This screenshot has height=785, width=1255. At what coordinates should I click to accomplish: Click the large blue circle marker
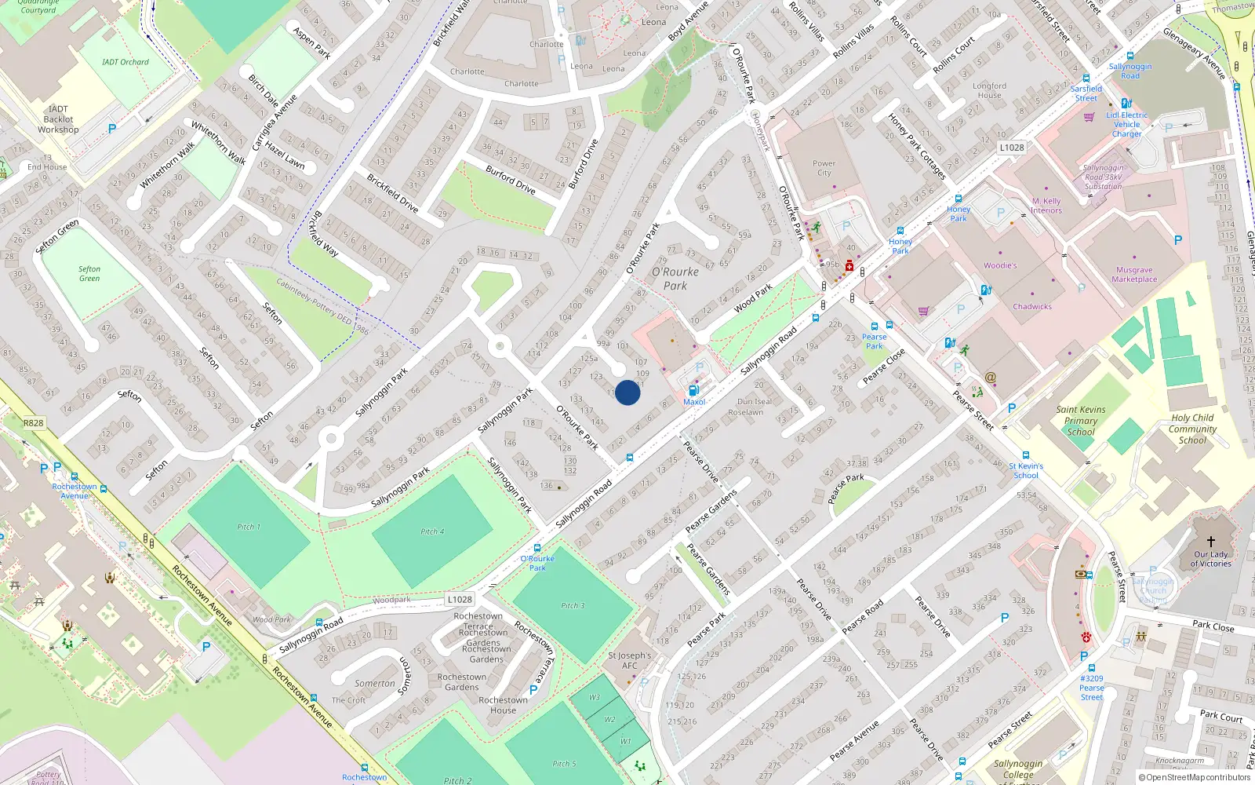[627, 392]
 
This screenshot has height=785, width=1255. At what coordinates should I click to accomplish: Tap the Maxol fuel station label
[694, 402]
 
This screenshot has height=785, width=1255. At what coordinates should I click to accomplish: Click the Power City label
[824, 168]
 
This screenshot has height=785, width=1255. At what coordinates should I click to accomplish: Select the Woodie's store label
[999, 265]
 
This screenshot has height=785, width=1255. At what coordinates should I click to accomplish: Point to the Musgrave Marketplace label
[1134, 275]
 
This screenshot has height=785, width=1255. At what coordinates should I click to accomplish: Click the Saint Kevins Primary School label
[1080, 421]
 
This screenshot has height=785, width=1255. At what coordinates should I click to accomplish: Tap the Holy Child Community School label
[1192, 429]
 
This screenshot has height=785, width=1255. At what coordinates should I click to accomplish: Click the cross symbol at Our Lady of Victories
[1210, 542]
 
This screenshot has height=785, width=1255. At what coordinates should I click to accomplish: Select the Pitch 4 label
[432, 531]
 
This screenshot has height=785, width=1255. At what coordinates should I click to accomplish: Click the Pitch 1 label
[249, 527]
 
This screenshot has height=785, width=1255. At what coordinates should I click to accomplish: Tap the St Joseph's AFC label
[629, 660]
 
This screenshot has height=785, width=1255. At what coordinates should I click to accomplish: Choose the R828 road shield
[34, 423]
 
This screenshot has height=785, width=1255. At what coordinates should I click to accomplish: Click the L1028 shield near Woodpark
[460, 599]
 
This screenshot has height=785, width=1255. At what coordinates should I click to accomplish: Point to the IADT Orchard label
[125, 62]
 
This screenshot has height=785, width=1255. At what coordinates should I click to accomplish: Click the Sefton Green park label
[89, 273]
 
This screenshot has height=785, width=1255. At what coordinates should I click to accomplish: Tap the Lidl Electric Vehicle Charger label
[1126, 124]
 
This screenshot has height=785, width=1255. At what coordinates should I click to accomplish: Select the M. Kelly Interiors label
[1046, 206]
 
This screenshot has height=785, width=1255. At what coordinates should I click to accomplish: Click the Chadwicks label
[1031, 307]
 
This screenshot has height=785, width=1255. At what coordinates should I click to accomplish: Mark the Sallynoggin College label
[1018, 769]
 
